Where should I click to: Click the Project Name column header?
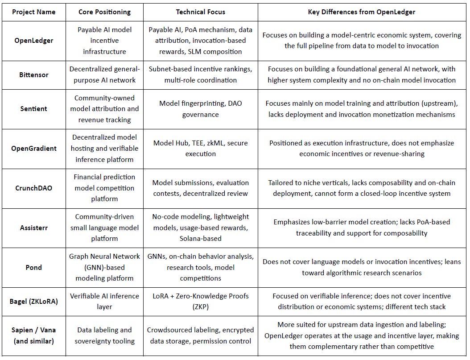click(33, 12)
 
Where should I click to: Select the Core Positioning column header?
click(104, 12)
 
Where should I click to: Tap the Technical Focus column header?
click(200, 12)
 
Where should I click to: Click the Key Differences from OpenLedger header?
click(361, 12)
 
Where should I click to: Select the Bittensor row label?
click(33, 75)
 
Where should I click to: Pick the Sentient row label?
click(33, 109)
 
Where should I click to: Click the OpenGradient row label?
click(33, 149)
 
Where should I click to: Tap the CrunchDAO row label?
click(33, 188)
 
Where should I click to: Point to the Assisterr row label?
click(33, 228)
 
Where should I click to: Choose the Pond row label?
click(33, 267)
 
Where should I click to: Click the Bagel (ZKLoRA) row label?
click(33, 301)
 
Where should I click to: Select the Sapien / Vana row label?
click(33, 335)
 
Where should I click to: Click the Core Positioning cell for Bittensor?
click(104, 74)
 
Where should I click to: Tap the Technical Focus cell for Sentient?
click(200, 109)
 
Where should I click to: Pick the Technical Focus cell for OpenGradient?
click(200, 148)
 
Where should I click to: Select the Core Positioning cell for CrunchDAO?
click(104, 188)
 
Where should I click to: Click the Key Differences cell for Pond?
click(361, 267)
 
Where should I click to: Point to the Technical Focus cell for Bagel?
click(200, 301)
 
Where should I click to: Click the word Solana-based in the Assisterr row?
click(200, 238)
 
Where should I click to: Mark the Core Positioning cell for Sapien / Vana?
click(104, 335)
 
